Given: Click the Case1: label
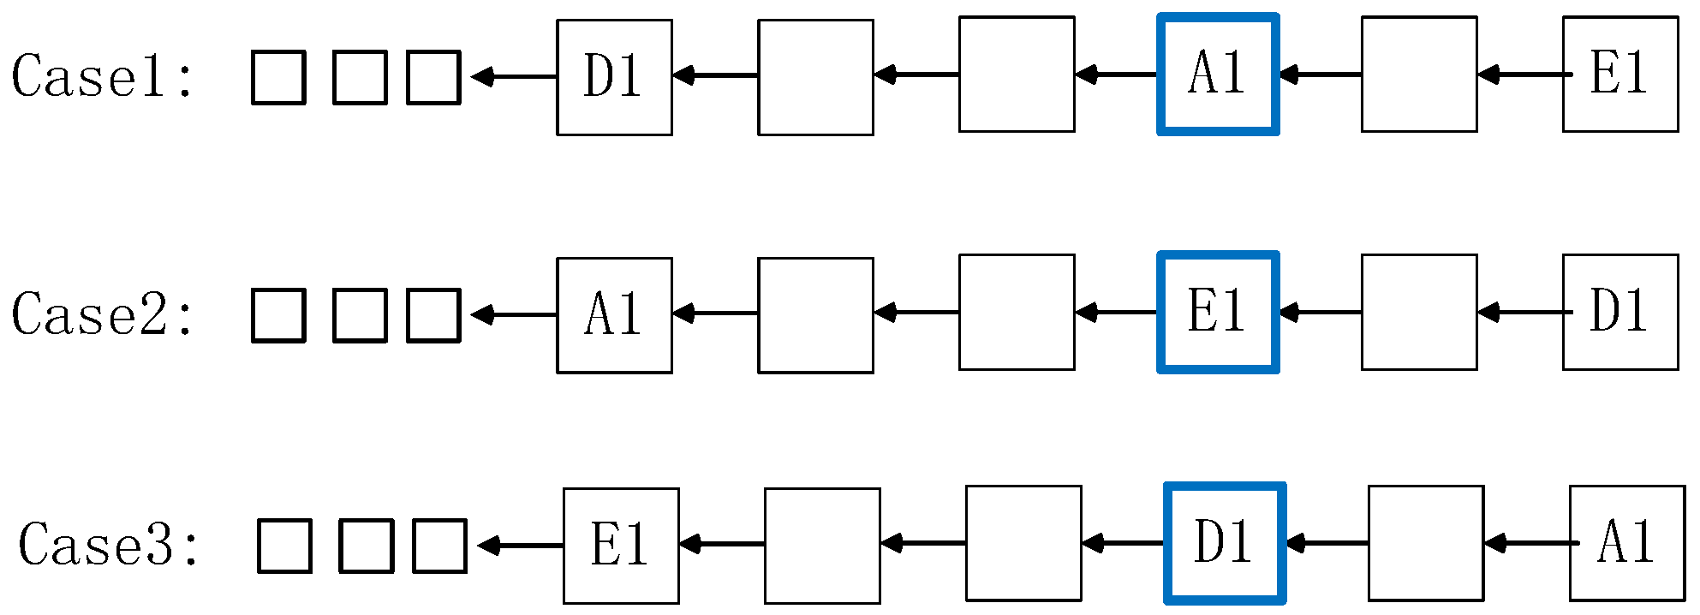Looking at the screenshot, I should coord(101,76).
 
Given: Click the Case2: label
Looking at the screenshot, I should coord(101,314).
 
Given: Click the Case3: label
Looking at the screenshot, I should coord(108,545).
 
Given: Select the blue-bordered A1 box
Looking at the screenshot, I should coord(1218,75).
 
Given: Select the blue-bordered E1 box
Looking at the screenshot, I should coord(1218,313).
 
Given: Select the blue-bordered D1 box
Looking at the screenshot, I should coord(1225,543).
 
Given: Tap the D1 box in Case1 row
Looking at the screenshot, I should coord(614,77).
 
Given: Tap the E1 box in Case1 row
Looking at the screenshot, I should coord(1619,75).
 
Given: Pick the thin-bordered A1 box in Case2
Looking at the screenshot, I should coord(614,315).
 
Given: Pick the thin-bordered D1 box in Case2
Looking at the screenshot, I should coord(1619,313).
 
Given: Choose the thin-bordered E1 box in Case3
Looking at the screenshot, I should coord(621,546).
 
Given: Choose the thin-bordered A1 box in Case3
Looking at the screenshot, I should coord(1626,543).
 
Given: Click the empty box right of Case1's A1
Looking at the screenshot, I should coord(1419,75).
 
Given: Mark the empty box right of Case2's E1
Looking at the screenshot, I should coord(1419,313).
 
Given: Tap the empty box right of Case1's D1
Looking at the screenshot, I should coord(815,77).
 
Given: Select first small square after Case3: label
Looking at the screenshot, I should coord(284,546).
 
